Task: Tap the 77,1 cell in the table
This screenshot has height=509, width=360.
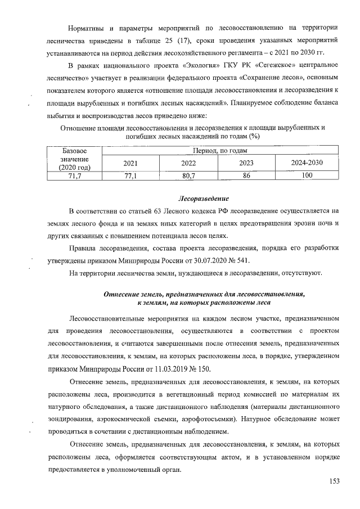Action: (130, 176)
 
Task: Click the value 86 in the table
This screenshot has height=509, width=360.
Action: (246, 176)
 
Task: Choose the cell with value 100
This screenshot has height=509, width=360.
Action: (307, 176)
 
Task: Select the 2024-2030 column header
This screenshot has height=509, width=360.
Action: (307, 163)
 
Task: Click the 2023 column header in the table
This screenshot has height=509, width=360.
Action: (246, 163)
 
